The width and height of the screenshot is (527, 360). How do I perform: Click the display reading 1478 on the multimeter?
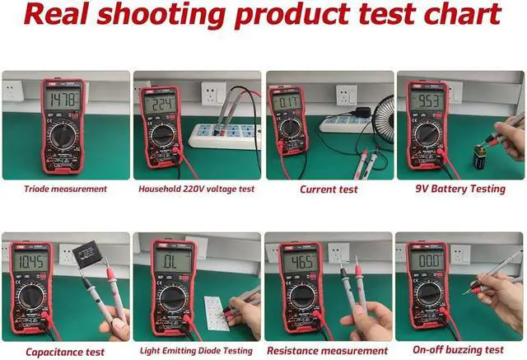(63, 101)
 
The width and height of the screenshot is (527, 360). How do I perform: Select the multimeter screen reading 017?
(288, 104)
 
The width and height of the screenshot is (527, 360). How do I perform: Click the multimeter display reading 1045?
(30, 264)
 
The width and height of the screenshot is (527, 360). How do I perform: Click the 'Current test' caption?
(329, 189)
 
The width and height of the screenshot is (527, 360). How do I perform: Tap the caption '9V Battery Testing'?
(461, 189)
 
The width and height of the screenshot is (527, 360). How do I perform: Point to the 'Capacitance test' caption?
(66, 352)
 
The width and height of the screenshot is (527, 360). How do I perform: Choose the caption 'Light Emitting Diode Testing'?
(198, 352)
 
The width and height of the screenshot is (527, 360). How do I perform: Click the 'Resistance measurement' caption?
(329, 352)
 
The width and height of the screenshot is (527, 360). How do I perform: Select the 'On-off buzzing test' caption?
(461, 352)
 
